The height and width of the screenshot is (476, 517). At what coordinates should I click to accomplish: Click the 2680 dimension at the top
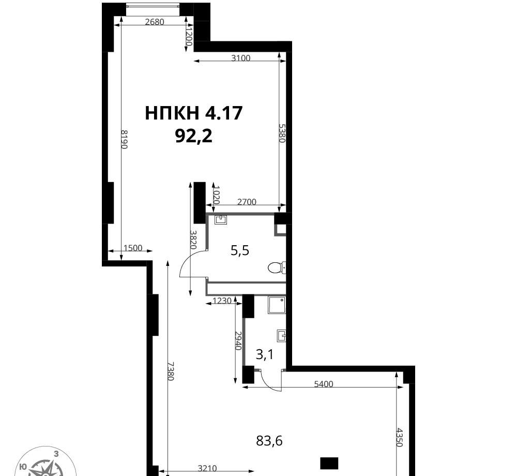pyautogui.click(x=154, y=22)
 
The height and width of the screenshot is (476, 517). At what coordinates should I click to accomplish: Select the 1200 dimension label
pyautogui.click(x=188, y=37)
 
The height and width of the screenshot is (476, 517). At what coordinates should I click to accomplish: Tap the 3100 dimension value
pyautogui.click(x=241, y=58)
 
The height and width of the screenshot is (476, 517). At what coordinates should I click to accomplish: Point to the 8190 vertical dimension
pyautogui.click(x=124, y=139)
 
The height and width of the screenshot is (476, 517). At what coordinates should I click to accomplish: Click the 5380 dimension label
pyautogui.click(x=282, y=133)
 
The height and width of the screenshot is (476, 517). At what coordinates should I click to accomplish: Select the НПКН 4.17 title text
pyautogui.click(x=193, y=113)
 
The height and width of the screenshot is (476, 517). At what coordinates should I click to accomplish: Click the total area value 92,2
pyautogui.click(x=193, y=136)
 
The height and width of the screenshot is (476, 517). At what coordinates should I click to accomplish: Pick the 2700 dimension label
pyautogui.click(x=247, y=202)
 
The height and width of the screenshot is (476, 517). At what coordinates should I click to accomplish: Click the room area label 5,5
pyautogui.click(x=240, y=251)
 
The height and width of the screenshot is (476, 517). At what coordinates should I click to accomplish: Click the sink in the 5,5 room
pyautogui.click(x=221, y=220)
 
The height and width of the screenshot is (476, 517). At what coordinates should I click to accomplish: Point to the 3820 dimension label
pyautogui.click(x=193, y=240)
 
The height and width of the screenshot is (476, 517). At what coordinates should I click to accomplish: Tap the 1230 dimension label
pyautogui.click(x=222, y=301)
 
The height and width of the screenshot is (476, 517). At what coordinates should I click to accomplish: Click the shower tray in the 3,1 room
pyautogui.click(x=277, y=305)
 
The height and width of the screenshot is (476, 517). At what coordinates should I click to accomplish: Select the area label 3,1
pyautogui.click(x=264, y=355)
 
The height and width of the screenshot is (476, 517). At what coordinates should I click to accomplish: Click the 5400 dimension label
pyautogui.click(x=324, y=384)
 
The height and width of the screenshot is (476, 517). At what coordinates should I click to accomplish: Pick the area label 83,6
pyautogui.click(x=269, y=441)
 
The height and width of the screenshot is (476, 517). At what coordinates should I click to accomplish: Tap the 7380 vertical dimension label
pyautogui.click(x=170, y=371)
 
